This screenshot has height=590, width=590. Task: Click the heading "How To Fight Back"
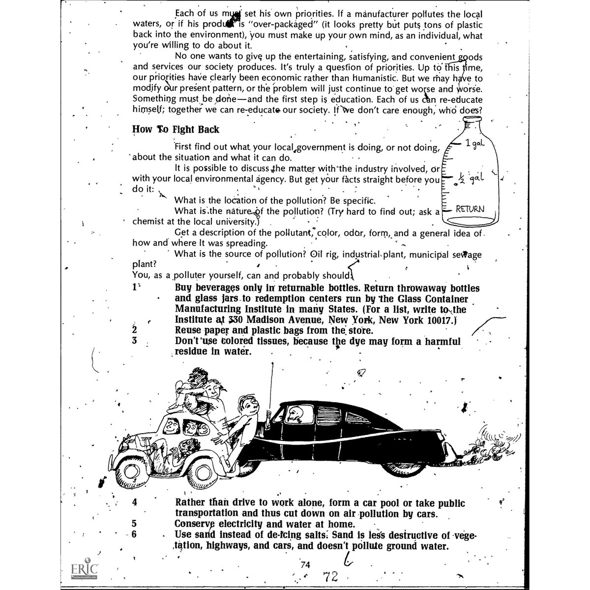click(176, 130)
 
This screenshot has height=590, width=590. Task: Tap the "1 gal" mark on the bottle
click(475, 143)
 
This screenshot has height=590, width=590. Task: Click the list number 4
click(135, 503)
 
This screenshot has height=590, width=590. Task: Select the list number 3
click(134, 341)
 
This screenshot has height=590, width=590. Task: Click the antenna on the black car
click(270, 388)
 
